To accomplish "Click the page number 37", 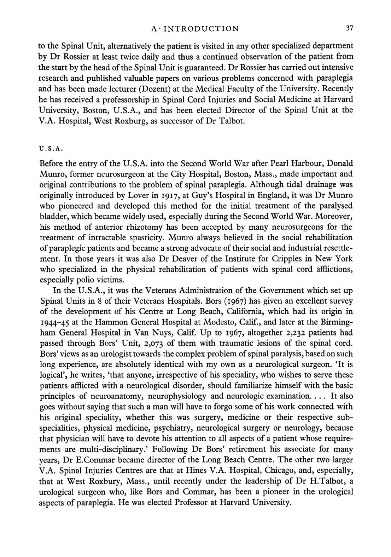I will tap(350, 28).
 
